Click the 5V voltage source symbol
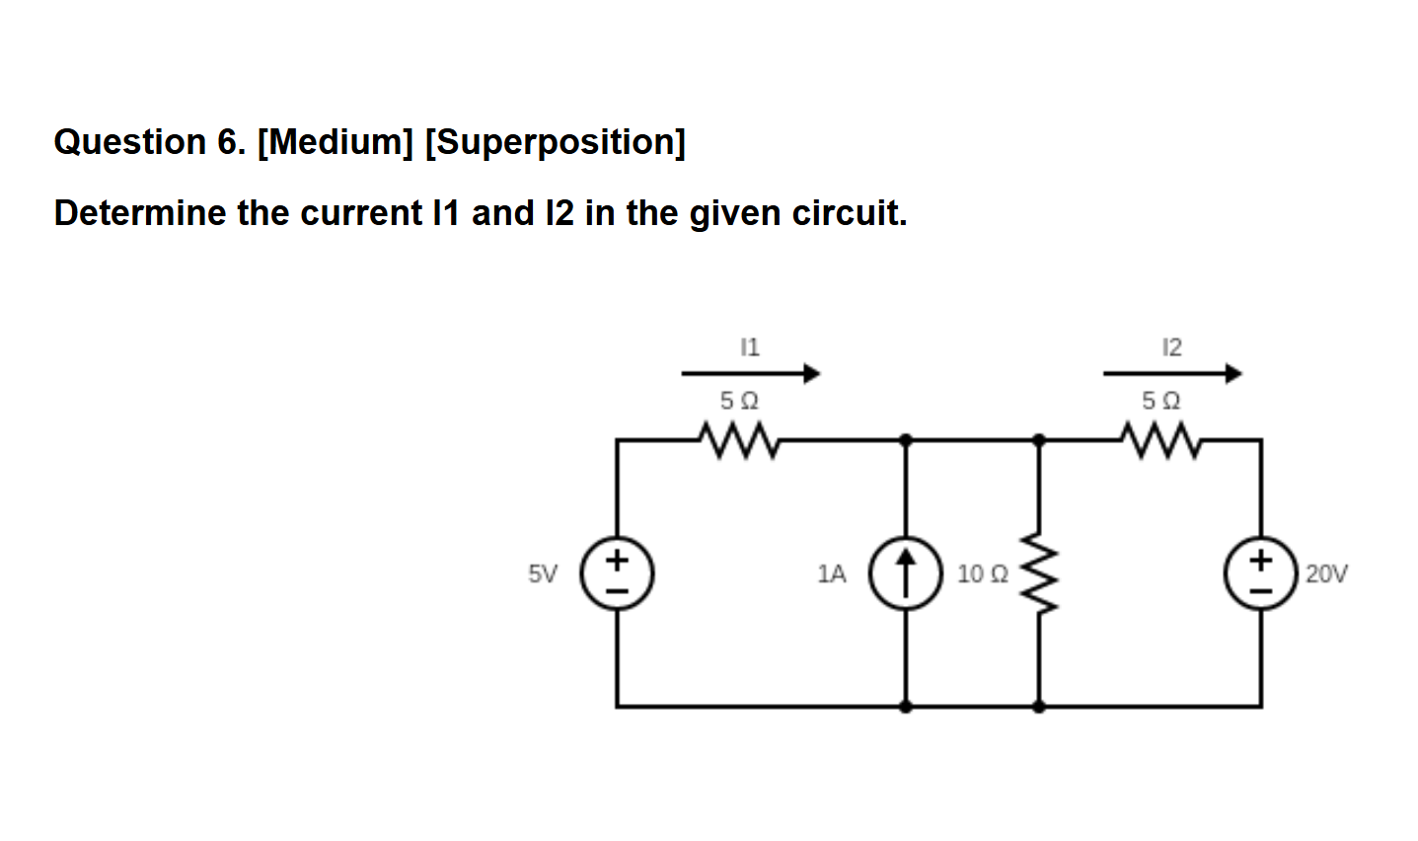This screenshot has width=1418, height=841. click(x=617, y=573)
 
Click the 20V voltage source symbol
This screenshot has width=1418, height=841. click(x=1260, y=573)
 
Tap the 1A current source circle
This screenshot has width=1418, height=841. click(x=905, y=573)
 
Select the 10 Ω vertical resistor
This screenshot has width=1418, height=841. click(x=1038, y=573)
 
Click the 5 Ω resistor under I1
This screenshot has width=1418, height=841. click(x=739, y=438)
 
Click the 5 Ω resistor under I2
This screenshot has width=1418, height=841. click(x=1161, y=438)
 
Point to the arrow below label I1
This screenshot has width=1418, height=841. click(x=751, y=373)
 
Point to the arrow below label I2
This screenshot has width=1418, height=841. click(x=1172, y=373)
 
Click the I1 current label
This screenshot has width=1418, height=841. click(x=749, y=346)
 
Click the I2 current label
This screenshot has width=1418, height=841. click(x=1171, y=346)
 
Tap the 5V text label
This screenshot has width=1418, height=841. click(x=542, y=573)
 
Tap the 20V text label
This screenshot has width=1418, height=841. click(x=1326, y=573)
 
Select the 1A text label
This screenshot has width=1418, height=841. click(x=832, y=573)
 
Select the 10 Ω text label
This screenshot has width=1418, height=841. click(x=982, y=573)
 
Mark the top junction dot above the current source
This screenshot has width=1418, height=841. click(x=906, y=438)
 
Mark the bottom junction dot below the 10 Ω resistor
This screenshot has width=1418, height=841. click(x=1038, y=706)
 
